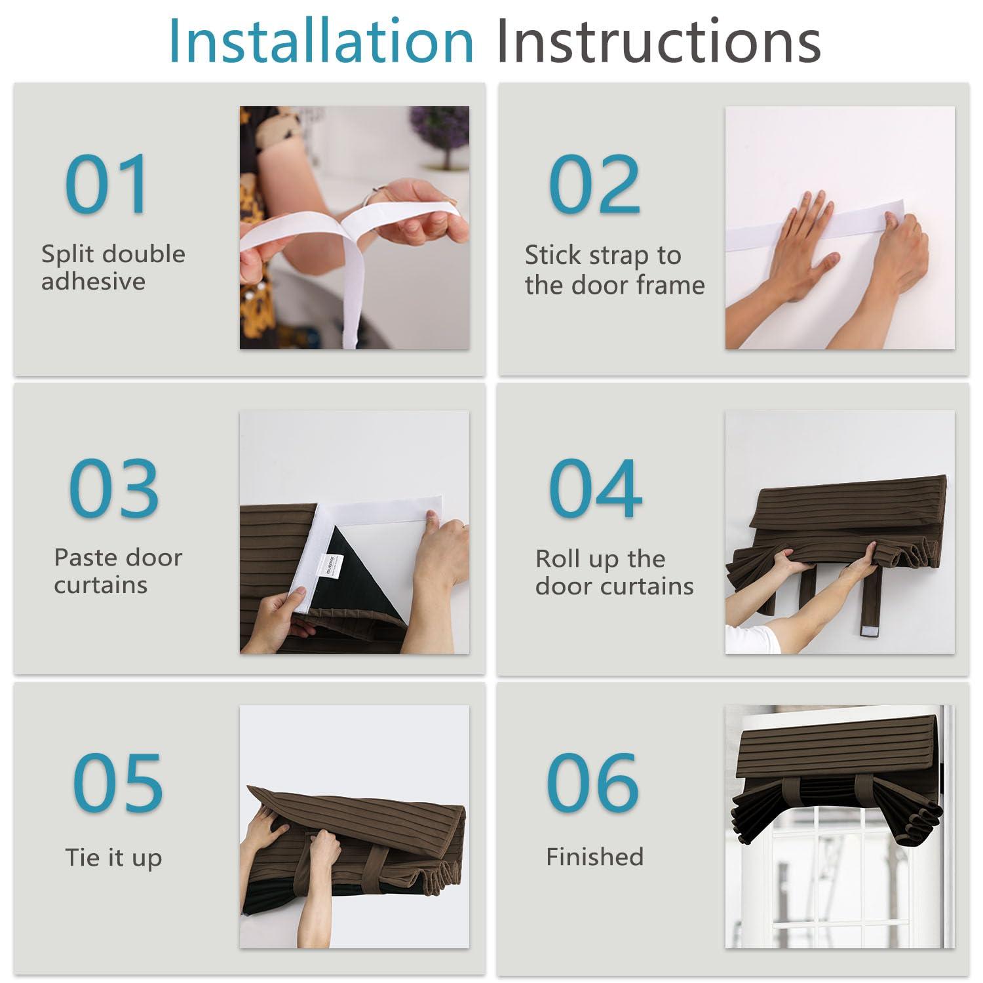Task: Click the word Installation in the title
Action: click(321, 41)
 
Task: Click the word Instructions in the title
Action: click(659, 41)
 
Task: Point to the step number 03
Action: click(114, 488)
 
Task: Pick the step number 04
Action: click(595, 488)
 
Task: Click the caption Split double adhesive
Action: click(113, 267)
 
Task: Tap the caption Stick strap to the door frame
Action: click(615, 270)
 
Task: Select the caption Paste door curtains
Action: click(118, 571)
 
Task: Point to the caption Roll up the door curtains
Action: click(615, 572)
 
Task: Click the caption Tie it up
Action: click(113, 858)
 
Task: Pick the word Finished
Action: click(595, 857)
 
